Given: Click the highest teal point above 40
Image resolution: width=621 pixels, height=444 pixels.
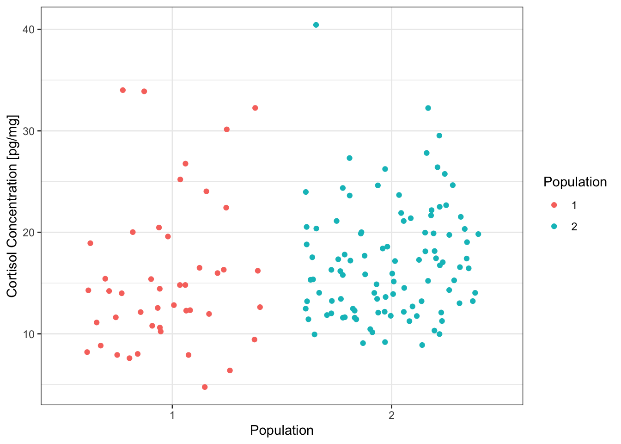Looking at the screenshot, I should tap(316, 25).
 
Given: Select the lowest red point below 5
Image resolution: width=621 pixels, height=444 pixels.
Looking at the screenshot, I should tap(205, 387).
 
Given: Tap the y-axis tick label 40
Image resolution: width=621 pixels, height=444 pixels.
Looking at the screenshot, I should tap(29, 30).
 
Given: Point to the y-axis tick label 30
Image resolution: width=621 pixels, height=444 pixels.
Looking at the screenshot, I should tap(29, 131).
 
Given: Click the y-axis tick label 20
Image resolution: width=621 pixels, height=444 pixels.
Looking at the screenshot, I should tap(29, 232).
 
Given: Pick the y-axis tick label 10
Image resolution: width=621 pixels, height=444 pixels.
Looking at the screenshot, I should tap(29, 334).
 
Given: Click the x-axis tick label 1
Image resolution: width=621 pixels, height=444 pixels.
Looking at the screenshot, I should tap(172, 415).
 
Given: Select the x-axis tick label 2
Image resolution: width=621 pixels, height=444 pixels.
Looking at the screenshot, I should tap(392, 415).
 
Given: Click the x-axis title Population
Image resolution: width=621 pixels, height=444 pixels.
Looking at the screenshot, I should tap(282, 431).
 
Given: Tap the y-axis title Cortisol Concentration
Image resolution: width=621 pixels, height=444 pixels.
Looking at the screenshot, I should tap(12, 206).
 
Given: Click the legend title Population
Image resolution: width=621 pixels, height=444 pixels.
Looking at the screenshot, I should tap(575, 182).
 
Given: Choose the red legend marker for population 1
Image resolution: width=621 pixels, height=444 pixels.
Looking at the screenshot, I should tap(554, 205).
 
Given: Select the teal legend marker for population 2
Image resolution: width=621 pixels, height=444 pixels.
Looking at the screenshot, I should tap(554, 226).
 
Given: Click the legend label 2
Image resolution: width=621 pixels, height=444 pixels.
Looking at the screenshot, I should tap(574, 227).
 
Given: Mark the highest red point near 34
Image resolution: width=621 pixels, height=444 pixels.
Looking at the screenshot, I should tap(123, 90).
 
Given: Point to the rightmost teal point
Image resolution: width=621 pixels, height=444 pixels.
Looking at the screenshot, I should tap(478, 234).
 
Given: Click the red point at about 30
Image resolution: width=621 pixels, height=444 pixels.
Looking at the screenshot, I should tap(227, 129).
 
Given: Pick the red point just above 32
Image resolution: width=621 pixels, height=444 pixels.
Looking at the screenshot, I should tap(255, 108).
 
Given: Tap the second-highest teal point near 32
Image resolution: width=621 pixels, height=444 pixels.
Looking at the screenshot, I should tap(428, 108).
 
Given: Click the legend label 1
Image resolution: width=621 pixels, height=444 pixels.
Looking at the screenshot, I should tap(574, 205).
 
